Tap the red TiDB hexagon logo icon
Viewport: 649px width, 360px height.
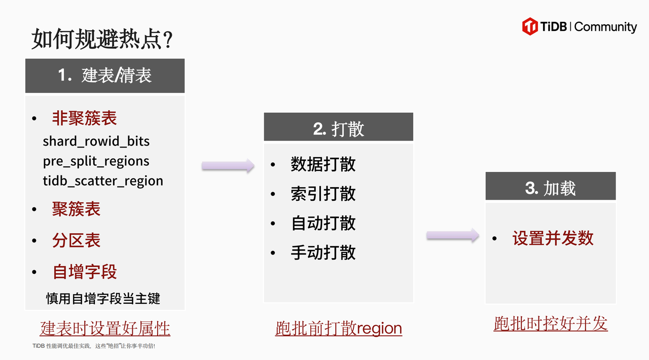tap(530, 26)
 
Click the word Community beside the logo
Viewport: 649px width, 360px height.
tap(605, 27)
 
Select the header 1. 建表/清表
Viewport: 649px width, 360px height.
tap(105, 76)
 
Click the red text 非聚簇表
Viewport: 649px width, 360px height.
tap(84, 119)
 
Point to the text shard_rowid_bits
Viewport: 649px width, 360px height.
tap(96, 141)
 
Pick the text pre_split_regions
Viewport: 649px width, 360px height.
tap(96, 161)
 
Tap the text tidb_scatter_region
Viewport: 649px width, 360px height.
tap(103, 181)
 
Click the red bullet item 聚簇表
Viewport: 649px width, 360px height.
tap(76, 209)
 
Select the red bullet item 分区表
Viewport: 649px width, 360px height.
tap(76, 240)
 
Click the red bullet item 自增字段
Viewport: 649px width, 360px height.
tap(85, 272)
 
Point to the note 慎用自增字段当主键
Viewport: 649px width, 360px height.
tap(103, 298)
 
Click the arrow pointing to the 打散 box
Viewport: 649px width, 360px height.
tap(228, 165)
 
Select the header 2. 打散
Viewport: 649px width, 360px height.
tap(338, 129)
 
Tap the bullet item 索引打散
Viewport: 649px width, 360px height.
tap(323, 194)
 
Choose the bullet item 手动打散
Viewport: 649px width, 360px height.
tap(323, 253)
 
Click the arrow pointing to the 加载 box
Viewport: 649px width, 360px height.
tap(452, 235)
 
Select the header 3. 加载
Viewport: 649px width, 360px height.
tap(551, 188)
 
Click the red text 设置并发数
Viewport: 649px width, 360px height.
tap(553, 238)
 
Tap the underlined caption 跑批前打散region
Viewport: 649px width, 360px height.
tap(339, 329)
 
